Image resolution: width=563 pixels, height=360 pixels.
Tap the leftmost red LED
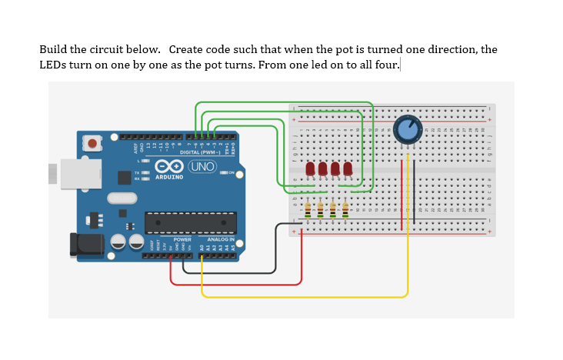point(310,168)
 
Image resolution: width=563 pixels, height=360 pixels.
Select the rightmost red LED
point(348,168)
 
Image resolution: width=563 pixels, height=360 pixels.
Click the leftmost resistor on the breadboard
point(308,209)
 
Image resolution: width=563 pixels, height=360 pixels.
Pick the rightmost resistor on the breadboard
point(345,209)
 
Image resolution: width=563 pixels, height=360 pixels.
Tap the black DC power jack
point(86,245)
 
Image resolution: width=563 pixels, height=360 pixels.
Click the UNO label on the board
point(201,167)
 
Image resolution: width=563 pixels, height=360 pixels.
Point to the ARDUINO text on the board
point(169,177)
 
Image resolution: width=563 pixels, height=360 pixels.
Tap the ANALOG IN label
point(220,239)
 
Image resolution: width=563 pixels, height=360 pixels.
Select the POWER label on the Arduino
point(182,239)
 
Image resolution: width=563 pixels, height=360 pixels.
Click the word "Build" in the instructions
point(54,50)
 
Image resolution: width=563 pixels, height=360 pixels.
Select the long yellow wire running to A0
point(308,297)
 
